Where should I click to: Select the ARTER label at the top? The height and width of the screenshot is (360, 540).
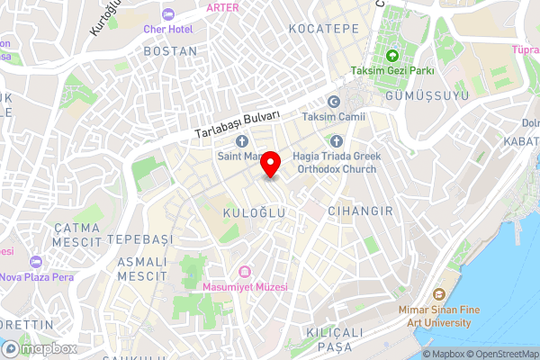223,7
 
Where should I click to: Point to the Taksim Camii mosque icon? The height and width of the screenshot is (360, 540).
334,102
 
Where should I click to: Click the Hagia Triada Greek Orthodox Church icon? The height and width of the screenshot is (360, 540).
337,141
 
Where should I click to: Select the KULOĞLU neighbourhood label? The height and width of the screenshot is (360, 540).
253,211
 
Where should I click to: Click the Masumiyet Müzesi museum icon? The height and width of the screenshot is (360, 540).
244,272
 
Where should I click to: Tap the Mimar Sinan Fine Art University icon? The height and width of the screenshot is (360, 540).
438,294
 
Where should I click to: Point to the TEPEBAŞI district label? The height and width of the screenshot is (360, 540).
139,240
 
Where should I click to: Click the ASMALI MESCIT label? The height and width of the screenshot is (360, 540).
142,266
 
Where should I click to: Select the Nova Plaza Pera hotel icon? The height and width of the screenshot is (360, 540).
36,262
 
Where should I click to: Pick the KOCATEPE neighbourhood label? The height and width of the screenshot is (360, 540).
324,29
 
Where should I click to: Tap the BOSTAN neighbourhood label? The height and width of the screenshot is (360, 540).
169,51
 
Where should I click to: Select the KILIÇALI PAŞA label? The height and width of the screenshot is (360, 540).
334,339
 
